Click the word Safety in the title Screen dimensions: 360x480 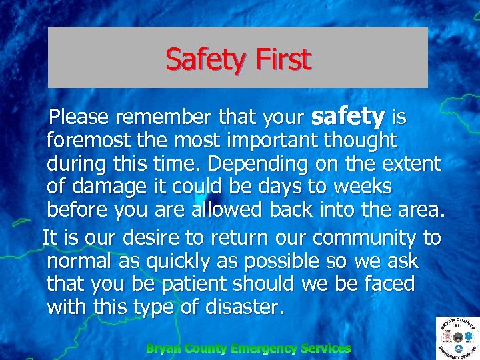click(205, 59)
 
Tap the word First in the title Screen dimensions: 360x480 click(283, 59)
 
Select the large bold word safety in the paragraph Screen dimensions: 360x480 click(348, 117)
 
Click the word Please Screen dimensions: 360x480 click(79, 118)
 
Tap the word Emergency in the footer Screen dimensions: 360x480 click(264, 348)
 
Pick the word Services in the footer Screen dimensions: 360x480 click(326, 348)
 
